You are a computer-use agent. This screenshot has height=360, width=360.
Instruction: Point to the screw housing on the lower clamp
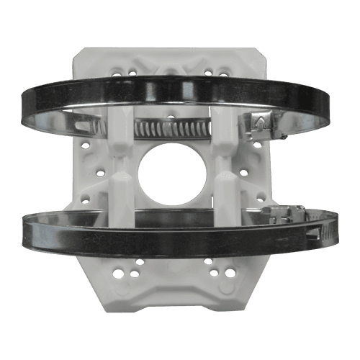point(284,214)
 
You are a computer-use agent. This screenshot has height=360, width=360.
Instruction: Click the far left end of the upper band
point(23,108)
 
